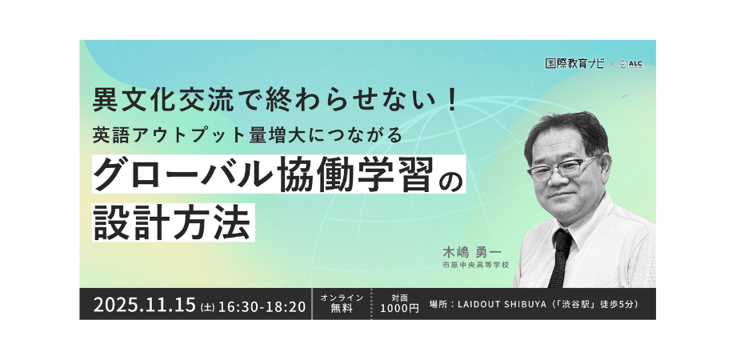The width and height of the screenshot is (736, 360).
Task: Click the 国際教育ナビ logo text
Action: (574, 63)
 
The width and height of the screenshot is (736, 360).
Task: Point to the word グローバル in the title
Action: (182, 174)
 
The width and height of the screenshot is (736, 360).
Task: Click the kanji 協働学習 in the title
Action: (354, 174)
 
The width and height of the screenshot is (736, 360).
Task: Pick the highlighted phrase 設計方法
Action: (172, 222)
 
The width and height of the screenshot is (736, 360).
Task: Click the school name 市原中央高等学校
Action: (475, 265)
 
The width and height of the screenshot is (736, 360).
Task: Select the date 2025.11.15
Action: (145, 305)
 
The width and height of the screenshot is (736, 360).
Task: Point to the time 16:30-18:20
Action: (262, 306)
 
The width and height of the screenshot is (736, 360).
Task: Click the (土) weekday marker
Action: (207, 307)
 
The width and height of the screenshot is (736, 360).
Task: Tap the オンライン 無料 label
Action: (342, 303)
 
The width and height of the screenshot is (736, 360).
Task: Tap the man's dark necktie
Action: (561, 258)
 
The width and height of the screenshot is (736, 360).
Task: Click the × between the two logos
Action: (612, 64)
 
